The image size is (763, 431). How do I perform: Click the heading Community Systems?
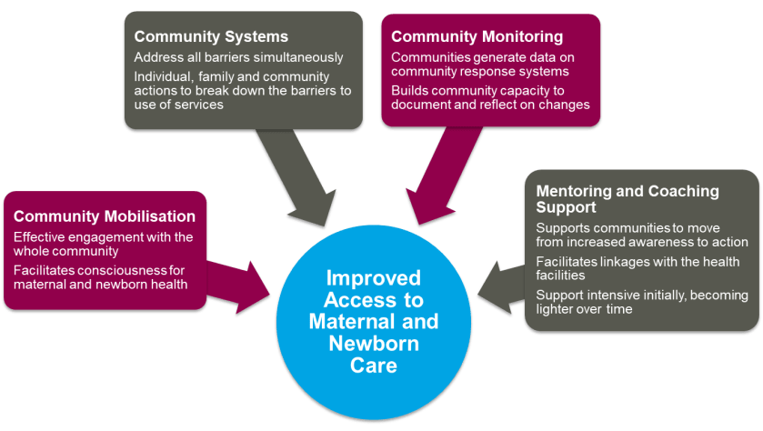click(x=211, y=37)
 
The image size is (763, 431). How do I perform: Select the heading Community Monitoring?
click(x=477, y=37)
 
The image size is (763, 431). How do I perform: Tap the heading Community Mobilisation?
click(x=105, y=216)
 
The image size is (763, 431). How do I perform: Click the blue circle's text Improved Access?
click(x=374, y=288)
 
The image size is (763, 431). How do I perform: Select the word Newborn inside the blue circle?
click(x=373, y=344)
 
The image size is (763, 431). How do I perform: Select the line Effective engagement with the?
click(x=103, y=237)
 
